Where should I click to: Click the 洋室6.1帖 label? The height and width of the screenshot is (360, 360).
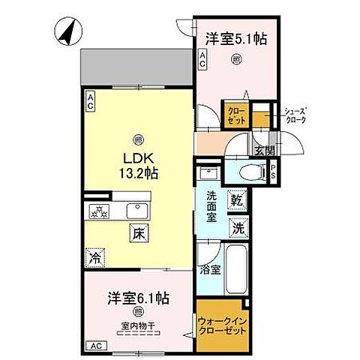tap(136, 298)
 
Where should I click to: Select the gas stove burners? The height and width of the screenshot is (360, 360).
tap(100, 210)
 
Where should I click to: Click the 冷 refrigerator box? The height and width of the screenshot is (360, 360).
tap(97, 256)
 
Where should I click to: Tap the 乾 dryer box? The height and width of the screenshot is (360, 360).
tap(237, 200)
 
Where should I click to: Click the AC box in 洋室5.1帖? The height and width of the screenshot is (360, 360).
tap(202, 64)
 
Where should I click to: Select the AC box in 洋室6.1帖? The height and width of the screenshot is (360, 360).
tap(95, 345)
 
